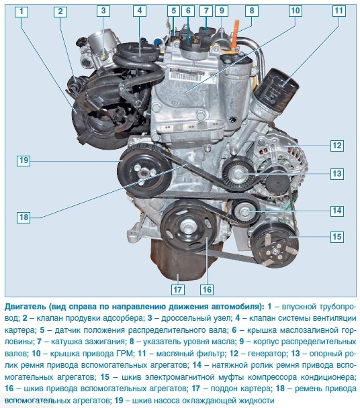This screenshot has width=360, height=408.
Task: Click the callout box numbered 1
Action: [x=23, y=11]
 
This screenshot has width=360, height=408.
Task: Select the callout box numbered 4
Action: [x=139, y=11]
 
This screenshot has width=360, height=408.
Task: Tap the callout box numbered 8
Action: [x=251, y=11]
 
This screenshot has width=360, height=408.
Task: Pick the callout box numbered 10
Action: [x=295, y=11]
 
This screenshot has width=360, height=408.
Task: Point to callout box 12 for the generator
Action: [x=336, y=145]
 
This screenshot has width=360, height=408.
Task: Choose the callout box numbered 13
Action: [x=336, y=173]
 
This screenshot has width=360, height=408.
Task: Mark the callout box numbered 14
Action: [x=336, y=209]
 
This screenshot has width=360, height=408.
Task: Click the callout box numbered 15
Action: [x=336, y=236]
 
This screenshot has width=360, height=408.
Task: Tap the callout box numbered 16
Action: [x=206, y=289]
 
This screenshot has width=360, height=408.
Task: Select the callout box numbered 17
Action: [x=177, y=289]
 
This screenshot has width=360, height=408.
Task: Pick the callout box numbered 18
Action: [x=24, y=217]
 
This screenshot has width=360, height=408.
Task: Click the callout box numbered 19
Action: [x=24, y=160]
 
